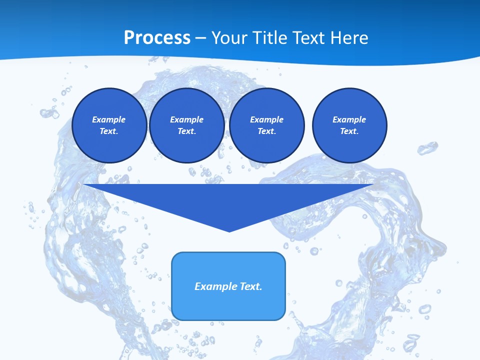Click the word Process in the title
(157, 37)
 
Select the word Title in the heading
(270, 37)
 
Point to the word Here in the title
(349, 37)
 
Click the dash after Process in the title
(200, 38)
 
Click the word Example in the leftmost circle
(109, 119)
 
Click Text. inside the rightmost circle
(349, 131)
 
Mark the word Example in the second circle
(187, 119)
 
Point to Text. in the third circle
(267, 131)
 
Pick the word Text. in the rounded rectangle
(251, 286)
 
